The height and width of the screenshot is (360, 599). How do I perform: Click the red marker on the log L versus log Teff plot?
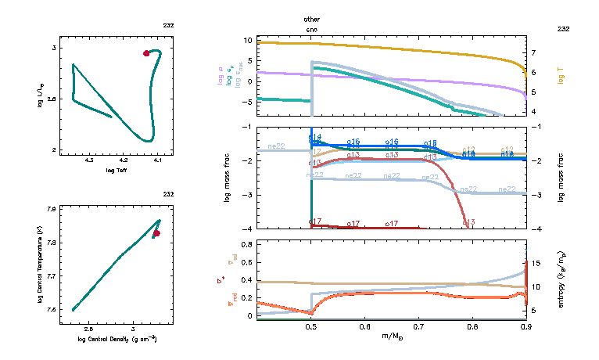point(146,53)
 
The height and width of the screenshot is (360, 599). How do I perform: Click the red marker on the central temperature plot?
point(156,233)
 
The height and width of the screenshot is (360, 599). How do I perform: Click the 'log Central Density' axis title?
point(117,338)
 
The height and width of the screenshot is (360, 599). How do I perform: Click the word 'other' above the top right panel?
point(312,18)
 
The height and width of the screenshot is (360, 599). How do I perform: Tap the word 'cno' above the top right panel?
point(312,28)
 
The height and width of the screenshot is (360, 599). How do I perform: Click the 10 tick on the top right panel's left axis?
point(248,40)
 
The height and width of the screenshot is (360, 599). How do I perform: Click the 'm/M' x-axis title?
point(391,337)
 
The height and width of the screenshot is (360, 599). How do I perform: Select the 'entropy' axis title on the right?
point(561,278)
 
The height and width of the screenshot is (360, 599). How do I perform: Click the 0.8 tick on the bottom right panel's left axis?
point(246,245)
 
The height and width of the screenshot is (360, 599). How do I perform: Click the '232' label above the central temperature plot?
point(168,194)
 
